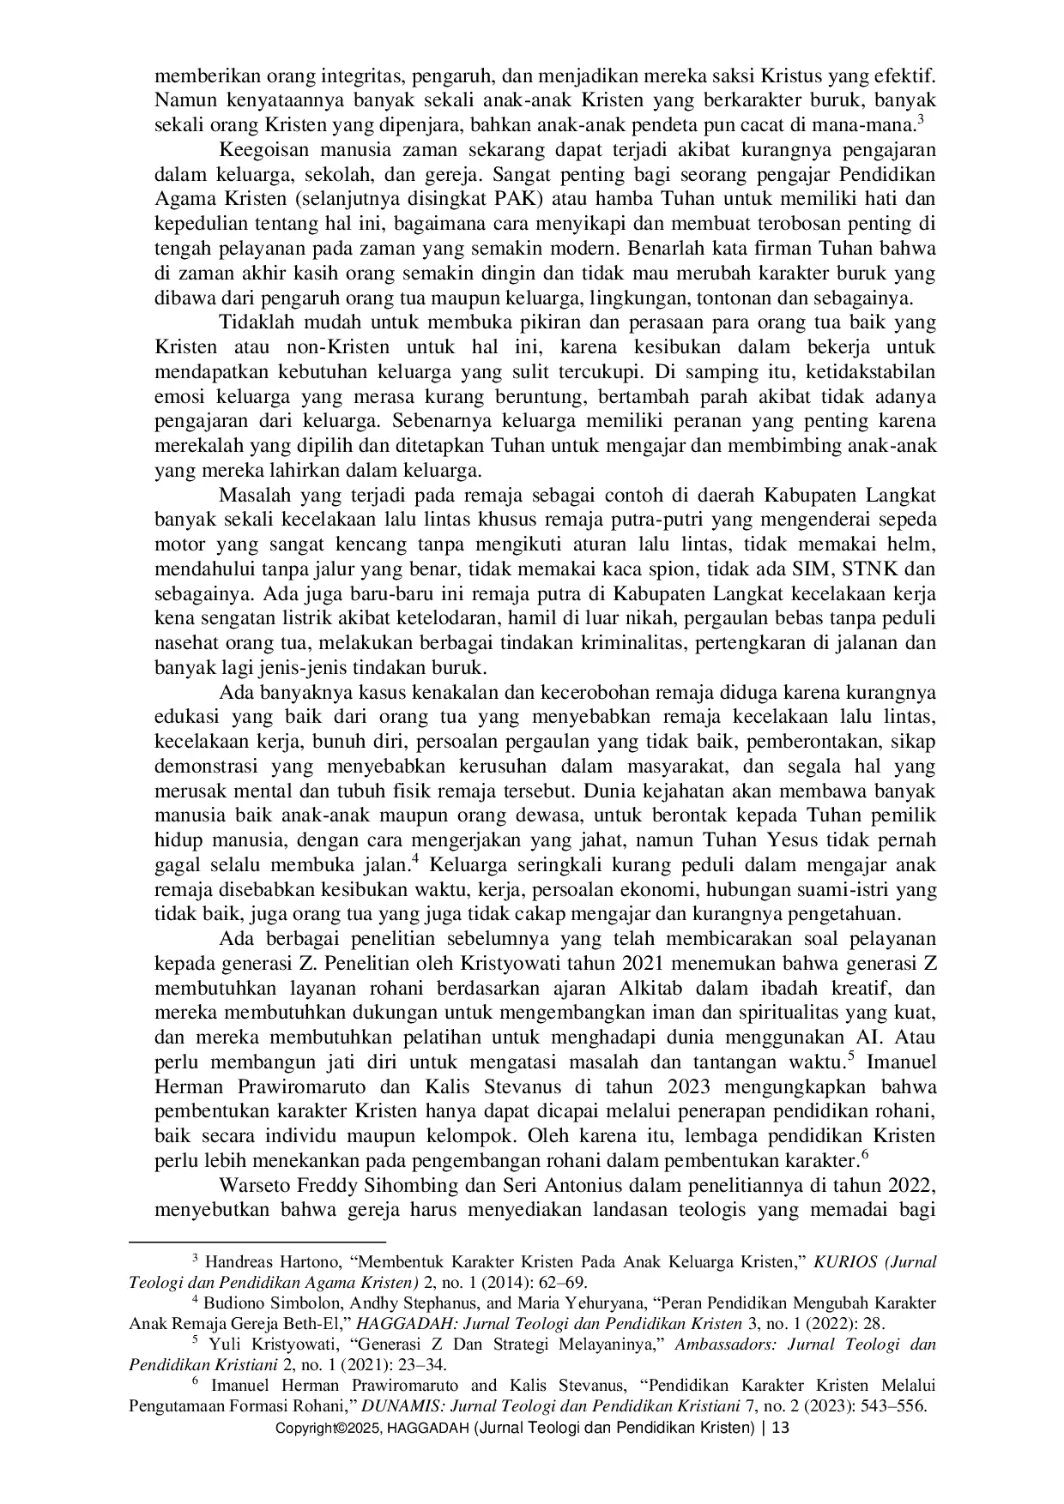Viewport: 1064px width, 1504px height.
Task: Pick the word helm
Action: [915, 544]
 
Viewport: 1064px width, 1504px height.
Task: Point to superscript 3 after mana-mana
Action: [920, 119]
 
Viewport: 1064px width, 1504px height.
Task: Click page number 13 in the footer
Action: [782, 1429]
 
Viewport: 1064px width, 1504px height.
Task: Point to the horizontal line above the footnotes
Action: [257, 1241]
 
